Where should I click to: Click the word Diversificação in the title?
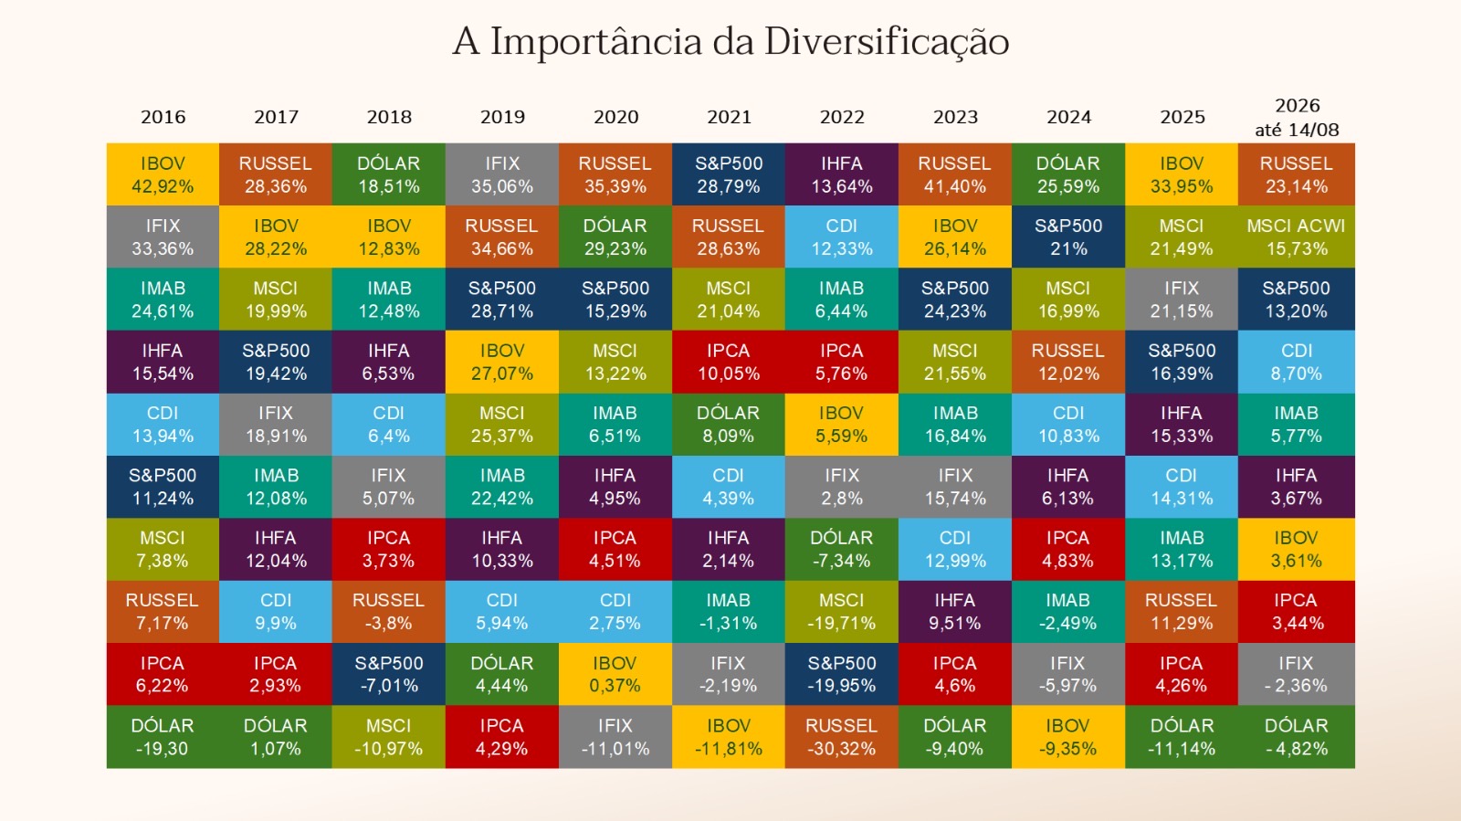887,42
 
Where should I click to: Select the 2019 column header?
502,118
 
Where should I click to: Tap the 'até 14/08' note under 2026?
1297,131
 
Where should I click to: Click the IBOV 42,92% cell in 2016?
163,174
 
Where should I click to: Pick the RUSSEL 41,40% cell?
955,174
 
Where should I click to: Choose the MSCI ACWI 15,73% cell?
1296,237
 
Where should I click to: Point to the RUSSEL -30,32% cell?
841,737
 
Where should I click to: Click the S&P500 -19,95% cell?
841,674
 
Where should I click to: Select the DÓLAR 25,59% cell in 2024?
1068,174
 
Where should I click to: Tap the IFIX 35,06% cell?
502,174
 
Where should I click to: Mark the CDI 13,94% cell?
163,425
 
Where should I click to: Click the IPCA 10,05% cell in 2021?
729,362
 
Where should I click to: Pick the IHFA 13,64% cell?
841,174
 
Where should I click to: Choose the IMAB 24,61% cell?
163,300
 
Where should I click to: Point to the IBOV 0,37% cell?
615,674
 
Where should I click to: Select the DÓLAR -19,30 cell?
163,737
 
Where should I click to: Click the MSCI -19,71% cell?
841,612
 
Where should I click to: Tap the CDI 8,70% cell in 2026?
1296,362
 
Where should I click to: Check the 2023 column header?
955,118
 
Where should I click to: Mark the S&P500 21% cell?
1068,237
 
